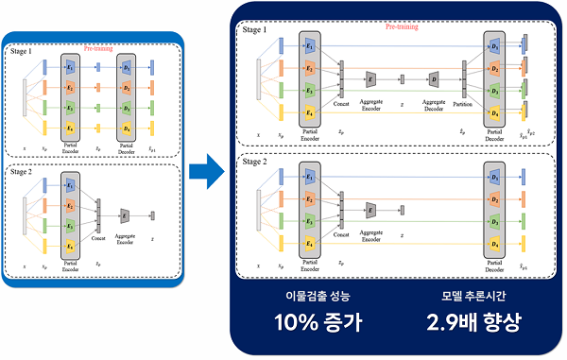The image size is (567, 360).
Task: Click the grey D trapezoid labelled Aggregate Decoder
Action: pos(432,77)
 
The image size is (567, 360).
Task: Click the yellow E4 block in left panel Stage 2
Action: pos(71,246)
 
